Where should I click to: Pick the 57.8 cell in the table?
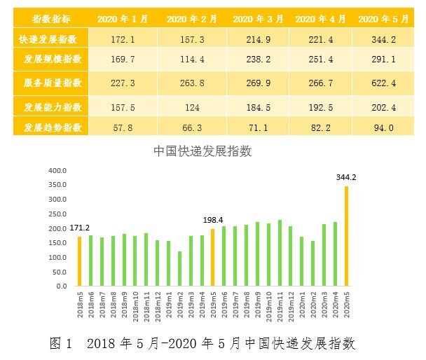point(113,127)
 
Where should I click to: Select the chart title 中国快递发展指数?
point(202,151)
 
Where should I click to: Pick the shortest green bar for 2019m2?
point(179,269)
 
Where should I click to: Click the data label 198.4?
point(212,220)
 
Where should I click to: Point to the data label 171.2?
point(78,228)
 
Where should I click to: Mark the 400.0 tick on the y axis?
point(57,170)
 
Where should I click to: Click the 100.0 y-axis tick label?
point(57,258)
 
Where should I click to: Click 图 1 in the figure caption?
point(61,343)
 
